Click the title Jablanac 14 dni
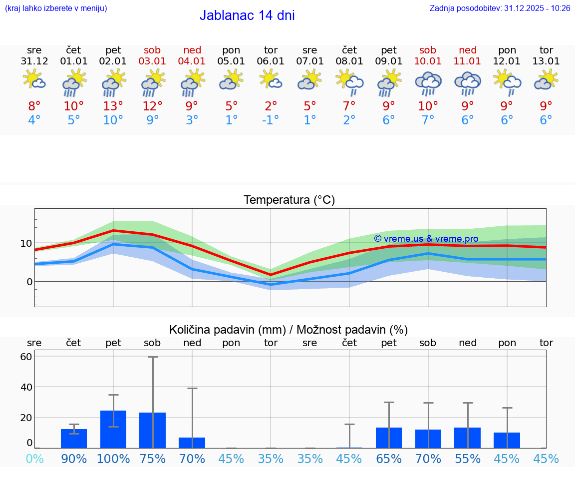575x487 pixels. pos(247,15)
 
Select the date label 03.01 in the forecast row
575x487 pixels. pos(153,61)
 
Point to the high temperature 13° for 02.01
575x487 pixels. pos(113,106)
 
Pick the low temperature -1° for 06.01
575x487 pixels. pos(271,120)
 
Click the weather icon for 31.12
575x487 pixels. pos(34,80)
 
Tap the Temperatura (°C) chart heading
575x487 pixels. pos(289,200)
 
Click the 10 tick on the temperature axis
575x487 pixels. pos(26,243)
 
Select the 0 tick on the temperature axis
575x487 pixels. pos(29,282)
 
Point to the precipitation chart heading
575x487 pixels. pos(288,330)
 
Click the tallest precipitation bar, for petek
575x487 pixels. pos(113,430)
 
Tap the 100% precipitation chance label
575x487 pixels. pos(113,459)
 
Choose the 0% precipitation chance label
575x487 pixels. pos(34,459)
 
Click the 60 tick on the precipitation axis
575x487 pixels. pos(26,357)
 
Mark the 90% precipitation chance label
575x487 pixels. pos(74,459)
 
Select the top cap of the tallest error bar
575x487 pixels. pos(153,357)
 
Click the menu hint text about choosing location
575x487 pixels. pos(56,8)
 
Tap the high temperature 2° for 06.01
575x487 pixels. pos(271,106)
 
